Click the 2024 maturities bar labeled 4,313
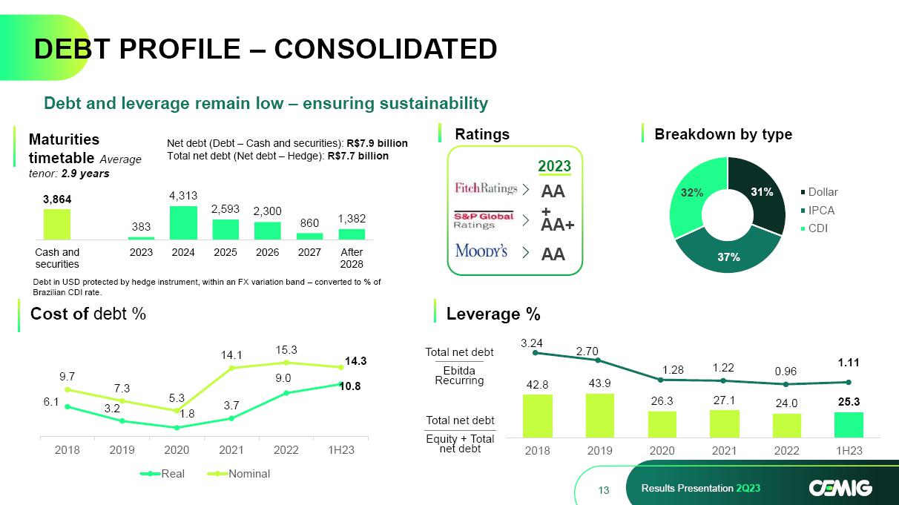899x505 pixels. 183,222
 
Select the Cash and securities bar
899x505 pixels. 57,224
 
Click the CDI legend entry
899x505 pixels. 818,228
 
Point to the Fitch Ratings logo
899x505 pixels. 485,188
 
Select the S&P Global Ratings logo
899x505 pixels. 483,220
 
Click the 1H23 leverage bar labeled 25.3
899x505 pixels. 849,424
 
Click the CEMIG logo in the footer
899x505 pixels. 840,487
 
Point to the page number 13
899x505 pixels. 603,489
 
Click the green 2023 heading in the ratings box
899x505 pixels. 554,165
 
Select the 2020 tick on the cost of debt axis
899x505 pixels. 177,450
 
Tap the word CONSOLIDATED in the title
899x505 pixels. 386,49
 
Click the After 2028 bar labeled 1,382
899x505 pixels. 351,234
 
